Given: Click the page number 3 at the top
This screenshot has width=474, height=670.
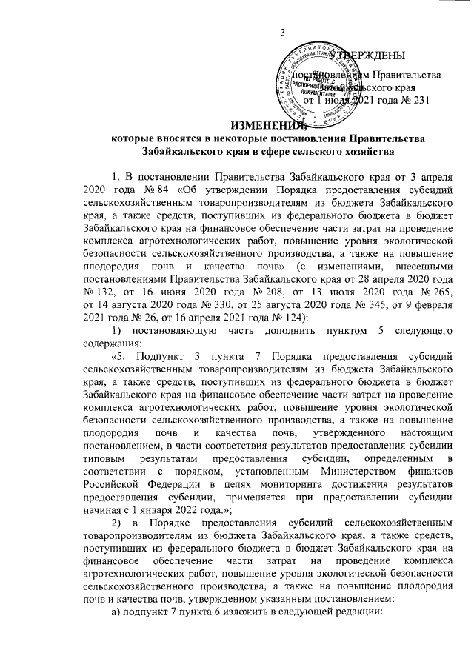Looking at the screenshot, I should point(283,31).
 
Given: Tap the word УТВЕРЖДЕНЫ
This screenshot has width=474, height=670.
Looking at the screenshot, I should point(370,56).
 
